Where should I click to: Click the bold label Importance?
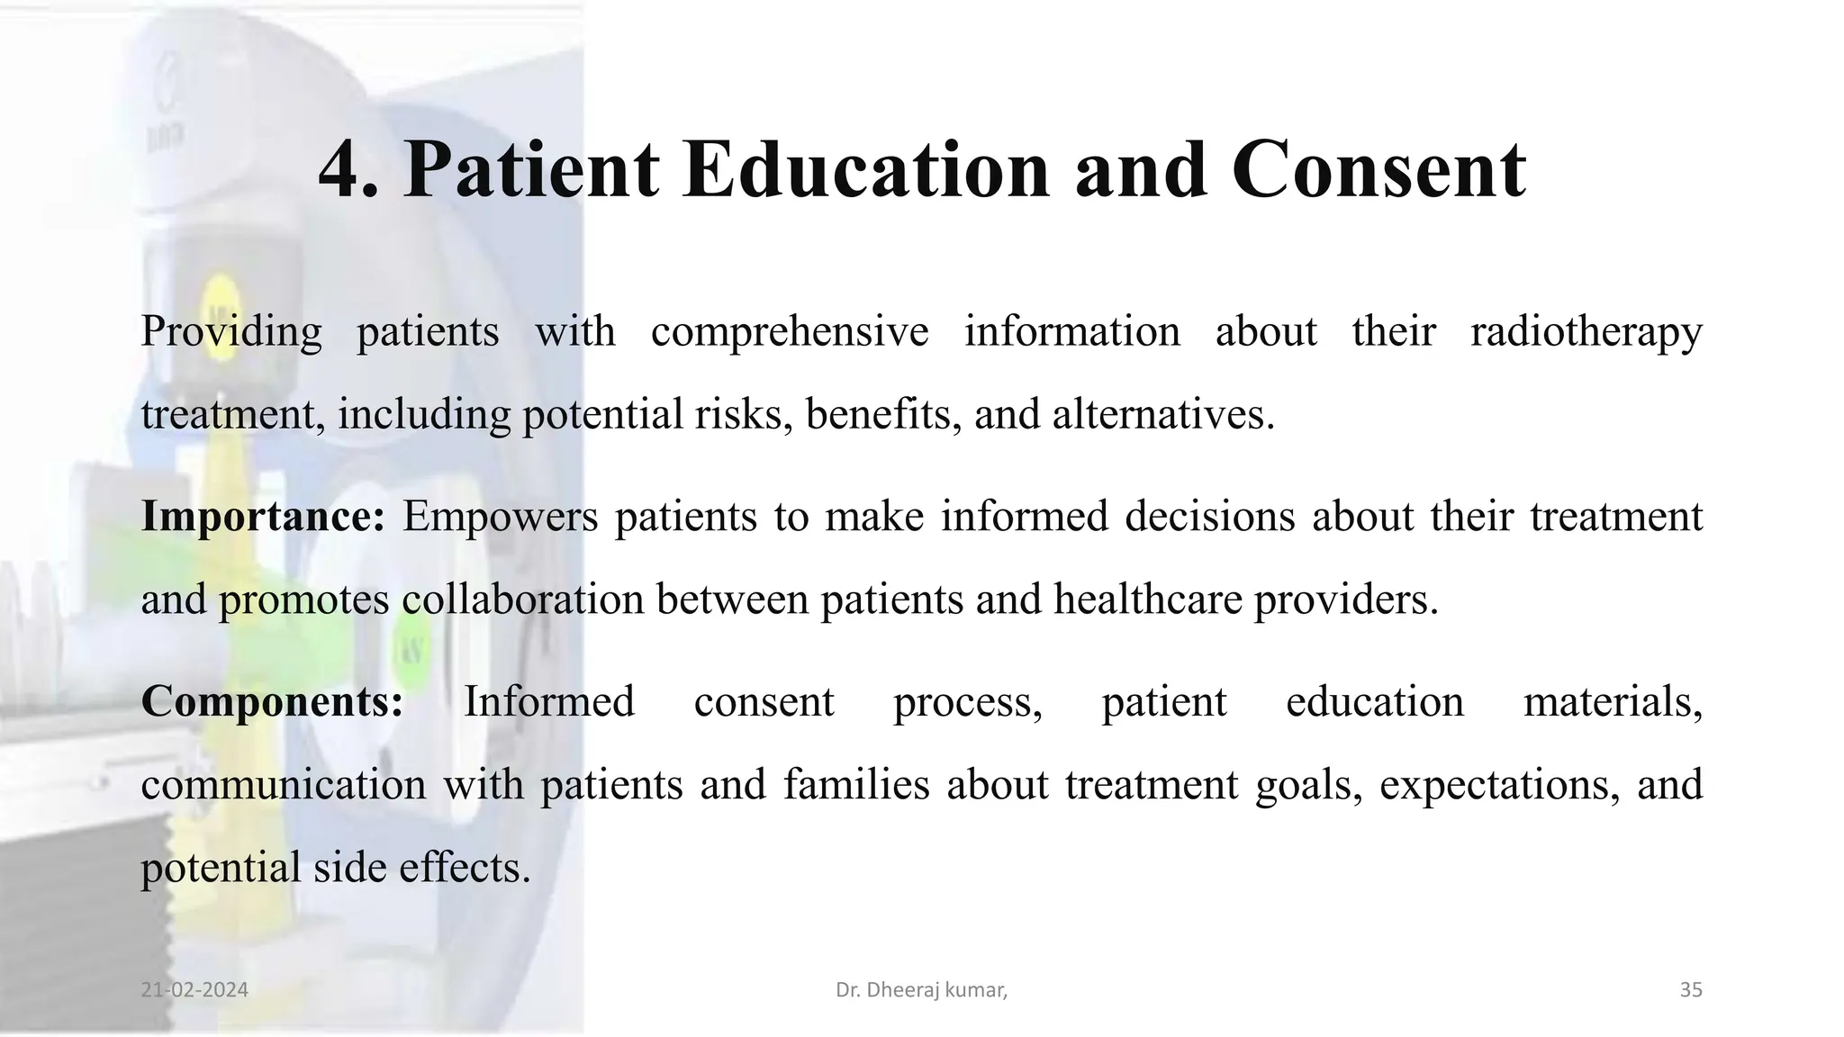(x=263, y=517)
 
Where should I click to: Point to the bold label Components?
(x=273, y=701)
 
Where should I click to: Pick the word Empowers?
(x=500, y=517)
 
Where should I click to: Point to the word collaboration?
(x=522, y=600)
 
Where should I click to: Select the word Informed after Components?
(x=549, y=701)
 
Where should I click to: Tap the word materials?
(x=1612, y=701)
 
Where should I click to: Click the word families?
(x=855, y=784)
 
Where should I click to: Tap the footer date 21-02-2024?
(x=194, y=990)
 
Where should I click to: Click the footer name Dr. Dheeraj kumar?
(x=921, y=990)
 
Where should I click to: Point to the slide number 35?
(x=1691, y=990)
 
